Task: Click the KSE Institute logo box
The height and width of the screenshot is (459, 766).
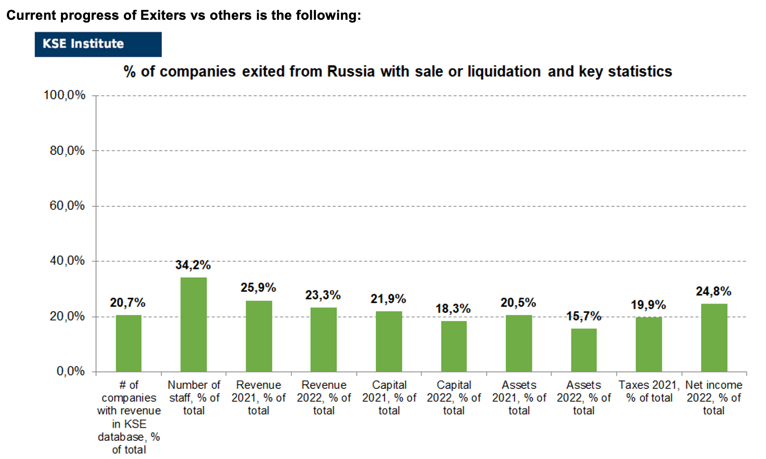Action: tap(98, 44)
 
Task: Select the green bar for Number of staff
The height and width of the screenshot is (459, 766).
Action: tap(194, 325)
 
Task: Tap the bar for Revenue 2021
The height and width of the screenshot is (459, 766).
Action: tap(259, 336)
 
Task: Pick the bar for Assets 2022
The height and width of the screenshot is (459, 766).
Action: tap(584, 350)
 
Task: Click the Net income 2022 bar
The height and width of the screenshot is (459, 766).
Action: tap(714, 338)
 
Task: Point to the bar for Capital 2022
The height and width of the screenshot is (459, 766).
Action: tap(454, 347)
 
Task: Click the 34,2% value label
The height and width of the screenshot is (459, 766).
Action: tap(193, 265)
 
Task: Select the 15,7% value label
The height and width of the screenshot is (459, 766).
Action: tap(584, 316)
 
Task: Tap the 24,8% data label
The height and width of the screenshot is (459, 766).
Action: tap(713, 291)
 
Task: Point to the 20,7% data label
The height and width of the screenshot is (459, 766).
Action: tap(127, 302)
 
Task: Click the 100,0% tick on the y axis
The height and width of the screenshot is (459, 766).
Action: tap(65, 95)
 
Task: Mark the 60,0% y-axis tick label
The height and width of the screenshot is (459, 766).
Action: tap(67, 206)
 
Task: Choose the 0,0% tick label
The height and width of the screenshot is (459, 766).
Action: tap(71, 371)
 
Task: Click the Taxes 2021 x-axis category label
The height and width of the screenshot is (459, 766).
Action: tap(649, 391)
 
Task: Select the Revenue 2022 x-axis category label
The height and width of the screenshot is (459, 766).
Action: tap(324, 398)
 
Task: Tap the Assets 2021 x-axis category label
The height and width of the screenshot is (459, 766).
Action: tap(519, 398)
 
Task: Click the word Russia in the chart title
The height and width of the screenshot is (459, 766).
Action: tap(351, 71)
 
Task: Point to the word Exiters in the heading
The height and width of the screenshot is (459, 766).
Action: tap(163, 15)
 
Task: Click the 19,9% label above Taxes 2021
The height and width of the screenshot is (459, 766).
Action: tap(648, 305)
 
